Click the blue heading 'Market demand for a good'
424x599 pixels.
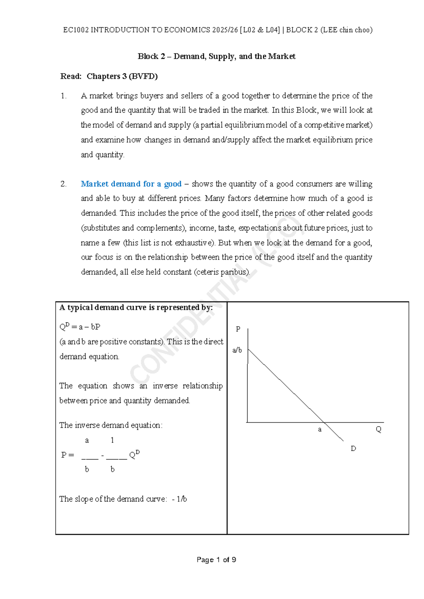click(131, 184)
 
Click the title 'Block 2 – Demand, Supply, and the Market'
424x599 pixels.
click(216, 57)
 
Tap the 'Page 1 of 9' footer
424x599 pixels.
click(216, 560)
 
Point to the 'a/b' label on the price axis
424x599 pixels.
click(237, 350)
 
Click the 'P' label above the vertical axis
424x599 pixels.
click(238, 329)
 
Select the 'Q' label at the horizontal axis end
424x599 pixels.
click(378, 429)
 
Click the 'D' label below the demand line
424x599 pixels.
click(353, 449)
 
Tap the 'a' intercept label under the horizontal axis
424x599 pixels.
click(320, 429)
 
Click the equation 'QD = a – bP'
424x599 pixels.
click(80, 327)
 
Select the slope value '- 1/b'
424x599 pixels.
click(179, 499)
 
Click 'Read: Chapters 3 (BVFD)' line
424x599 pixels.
click(109, 76)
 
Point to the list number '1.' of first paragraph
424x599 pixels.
click(64, 96)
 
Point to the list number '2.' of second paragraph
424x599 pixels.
click(64, 184)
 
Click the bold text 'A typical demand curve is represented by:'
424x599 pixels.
click(136, 308)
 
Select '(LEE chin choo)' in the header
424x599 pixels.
click(346, 30)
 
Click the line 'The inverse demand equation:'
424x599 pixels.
click(111, 425)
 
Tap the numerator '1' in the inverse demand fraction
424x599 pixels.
click(112, 440)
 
